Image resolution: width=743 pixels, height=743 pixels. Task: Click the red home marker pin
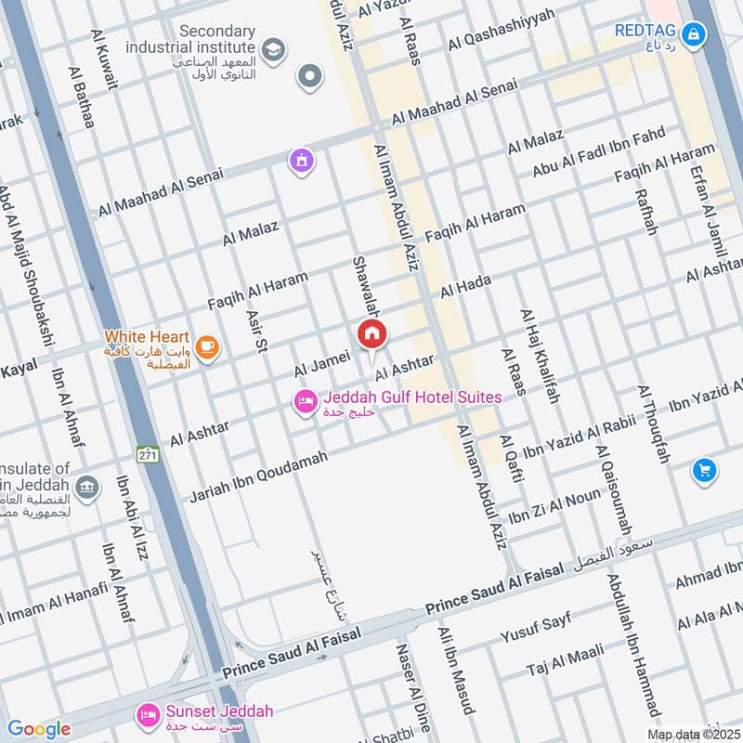371,333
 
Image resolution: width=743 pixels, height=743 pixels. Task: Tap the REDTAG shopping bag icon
693,35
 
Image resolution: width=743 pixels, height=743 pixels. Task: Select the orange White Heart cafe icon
207,347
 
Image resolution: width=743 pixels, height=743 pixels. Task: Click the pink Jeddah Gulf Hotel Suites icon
304,402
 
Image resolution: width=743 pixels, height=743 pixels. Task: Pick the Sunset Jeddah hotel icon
147,714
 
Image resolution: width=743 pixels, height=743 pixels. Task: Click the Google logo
38,729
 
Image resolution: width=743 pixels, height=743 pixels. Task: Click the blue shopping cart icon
704,472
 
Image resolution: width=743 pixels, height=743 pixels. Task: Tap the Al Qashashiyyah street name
501,30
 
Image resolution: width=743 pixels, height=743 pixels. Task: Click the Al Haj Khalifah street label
541,357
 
